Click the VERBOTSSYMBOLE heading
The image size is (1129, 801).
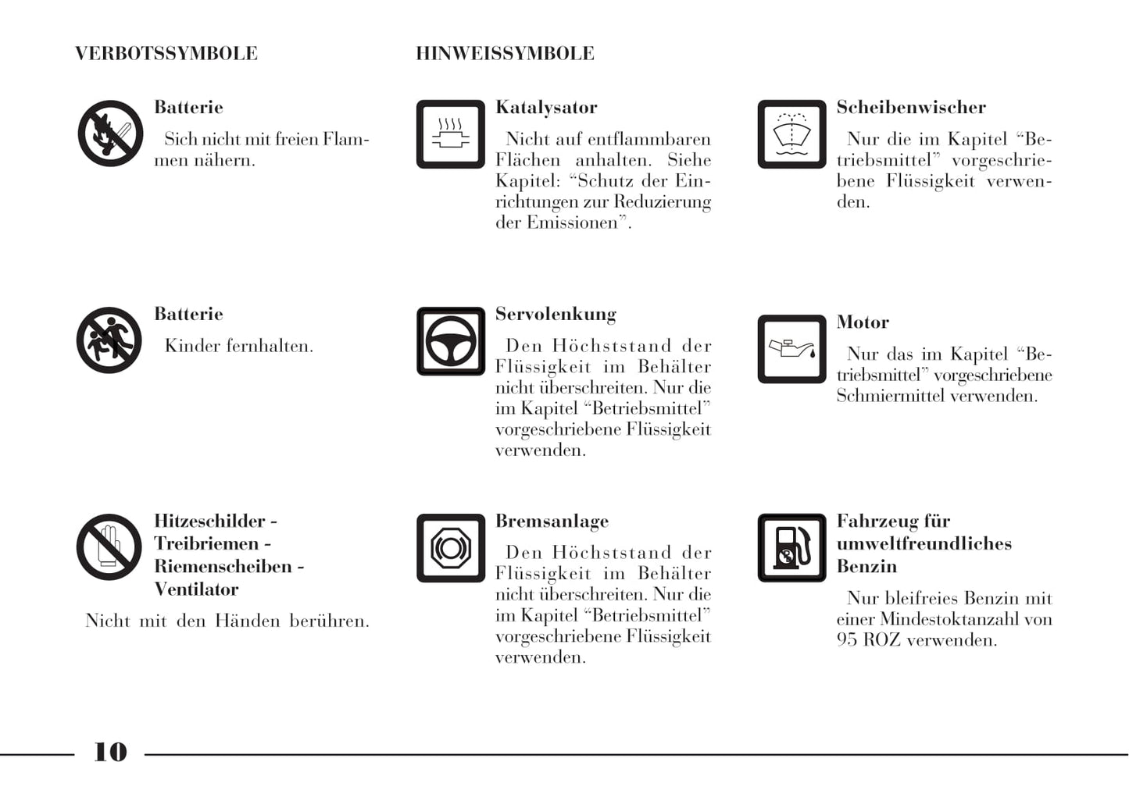coord(166,54)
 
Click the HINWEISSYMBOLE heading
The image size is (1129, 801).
coord(505,54)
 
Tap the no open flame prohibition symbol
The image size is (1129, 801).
coord(110,133)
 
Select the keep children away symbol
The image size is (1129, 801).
coord(109,340)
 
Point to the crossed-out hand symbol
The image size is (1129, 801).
coord(109,547)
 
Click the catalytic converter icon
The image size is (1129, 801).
coord(451,134)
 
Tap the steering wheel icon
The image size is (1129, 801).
coord(451,341)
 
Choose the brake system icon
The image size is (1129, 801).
coord(451,548)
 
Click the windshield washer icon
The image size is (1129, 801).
coord(791,134)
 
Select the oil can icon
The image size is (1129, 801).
coord(791,349)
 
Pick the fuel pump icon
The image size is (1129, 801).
coord(791,548)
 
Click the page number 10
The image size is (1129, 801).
coord(110,752)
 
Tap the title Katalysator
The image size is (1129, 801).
coord(546,108)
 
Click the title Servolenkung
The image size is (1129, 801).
coord(556,315)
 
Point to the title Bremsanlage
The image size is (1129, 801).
coord(552,522)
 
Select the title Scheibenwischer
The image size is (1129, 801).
coord(911,108)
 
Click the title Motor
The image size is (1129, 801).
coord(863,322)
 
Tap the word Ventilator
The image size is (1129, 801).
coord(196,589)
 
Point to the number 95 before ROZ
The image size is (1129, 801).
coord(847,640)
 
